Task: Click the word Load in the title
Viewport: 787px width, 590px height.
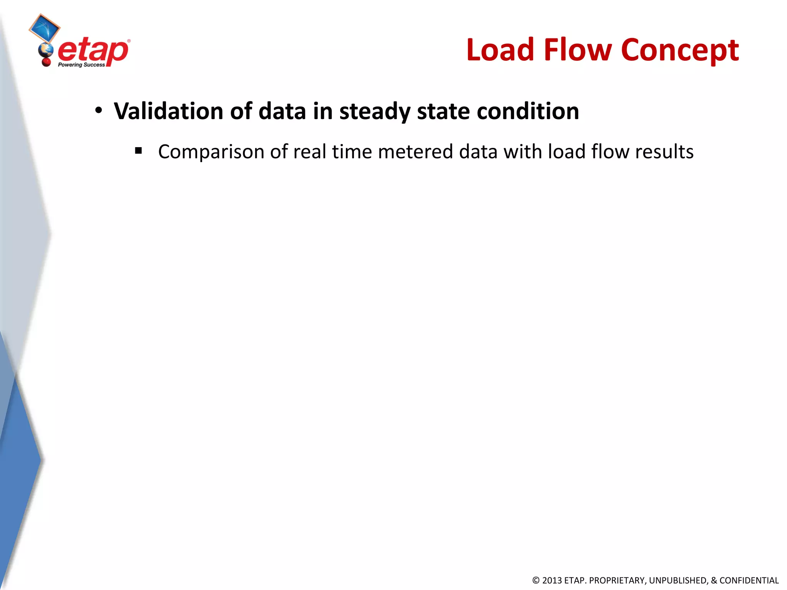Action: click(x=500, y=50)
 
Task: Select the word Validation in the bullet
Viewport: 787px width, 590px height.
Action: click(x=168, y=111)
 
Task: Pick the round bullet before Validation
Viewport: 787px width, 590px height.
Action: click(x=99, y=111)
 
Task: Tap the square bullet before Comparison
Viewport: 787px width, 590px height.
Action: click(x=139, y=151)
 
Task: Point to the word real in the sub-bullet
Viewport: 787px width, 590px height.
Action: click(x=309, y=151)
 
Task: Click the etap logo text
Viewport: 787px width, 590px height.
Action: click(x=93, y=51)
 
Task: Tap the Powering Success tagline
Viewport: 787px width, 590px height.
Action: click(x=81, y=65)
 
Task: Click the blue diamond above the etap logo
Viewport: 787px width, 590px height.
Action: click(x=44, y=28)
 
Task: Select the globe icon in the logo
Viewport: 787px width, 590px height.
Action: click(x=46, y=50)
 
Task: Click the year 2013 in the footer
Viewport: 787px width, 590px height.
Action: click(x=551, y=580)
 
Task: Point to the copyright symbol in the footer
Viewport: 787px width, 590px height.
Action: click(x=536, y=580)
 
